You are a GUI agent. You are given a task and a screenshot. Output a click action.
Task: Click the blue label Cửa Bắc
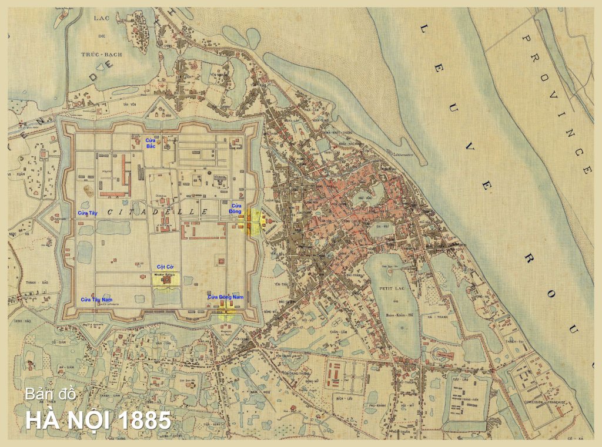(x=150, y=143)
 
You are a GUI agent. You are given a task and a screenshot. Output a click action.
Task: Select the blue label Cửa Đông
(x=235, y=208)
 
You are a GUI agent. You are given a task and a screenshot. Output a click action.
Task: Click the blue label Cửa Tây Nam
(x=96, y=300)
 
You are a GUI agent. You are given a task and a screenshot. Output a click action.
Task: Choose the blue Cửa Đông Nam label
(x=225, y=297)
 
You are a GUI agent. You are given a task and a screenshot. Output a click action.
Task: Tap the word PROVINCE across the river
(x=556, y=103)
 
